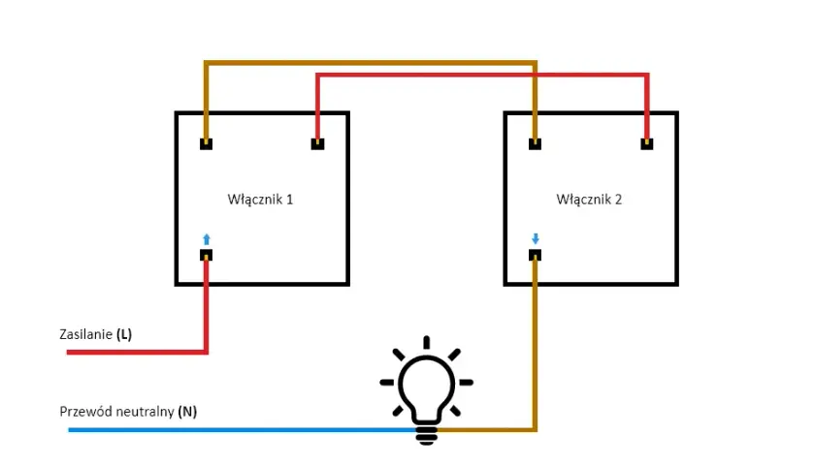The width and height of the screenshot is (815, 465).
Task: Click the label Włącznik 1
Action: [x=260, y=200]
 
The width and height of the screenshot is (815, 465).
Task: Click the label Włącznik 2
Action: [x=589, y=200]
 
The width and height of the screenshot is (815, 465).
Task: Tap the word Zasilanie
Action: [x=85, y=334]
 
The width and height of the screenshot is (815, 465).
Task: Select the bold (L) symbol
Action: [x=124, y=334]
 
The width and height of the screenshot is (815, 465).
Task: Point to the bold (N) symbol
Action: [x=187, y=412]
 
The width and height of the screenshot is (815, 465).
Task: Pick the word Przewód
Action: [x=86, y=412]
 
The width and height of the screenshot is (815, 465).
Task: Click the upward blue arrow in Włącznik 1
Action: [x=207, y=239]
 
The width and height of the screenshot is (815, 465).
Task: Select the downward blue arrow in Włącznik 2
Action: [x=536, y=238]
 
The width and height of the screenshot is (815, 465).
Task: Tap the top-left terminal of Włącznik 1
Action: [x=207, y=143]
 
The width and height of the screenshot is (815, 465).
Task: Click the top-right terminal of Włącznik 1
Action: [x=317, y=143]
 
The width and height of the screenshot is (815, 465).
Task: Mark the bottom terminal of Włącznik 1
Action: [x=207, y=255]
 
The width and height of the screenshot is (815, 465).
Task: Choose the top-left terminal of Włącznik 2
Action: [x=535, y=143]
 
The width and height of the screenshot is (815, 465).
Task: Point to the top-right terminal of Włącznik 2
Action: [x=646, y=143]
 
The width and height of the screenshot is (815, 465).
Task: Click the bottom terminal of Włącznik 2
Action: [x=535, y=255]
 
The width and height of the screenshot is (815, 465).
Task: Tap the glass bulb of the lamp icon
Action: [x=427, y=385]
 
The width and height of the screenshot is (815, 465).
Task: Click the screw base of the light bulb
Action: [x=427, y=435]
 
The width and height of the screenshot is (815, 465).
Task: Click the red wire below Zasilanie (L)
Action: [x=137, y=353]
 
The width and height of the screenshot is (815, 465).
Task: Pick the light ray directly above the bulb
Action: [x=427, y=343]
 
